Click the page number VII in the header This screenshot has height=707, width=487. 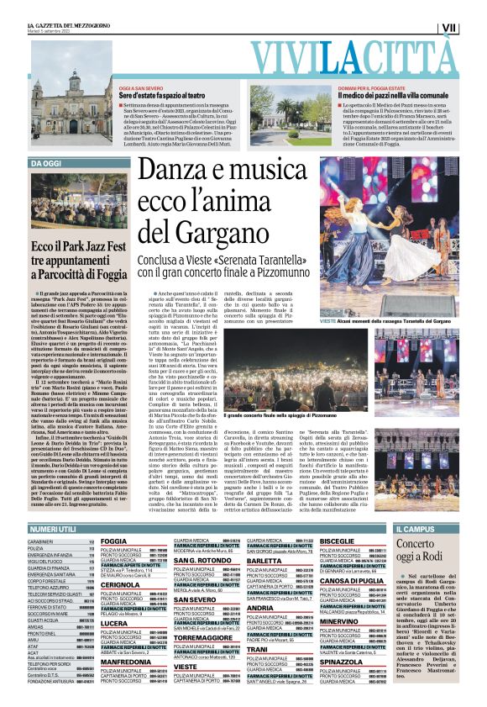tap(451, 28)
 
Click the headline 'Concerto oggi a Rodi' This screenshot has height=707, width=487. tap(418, 550)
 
